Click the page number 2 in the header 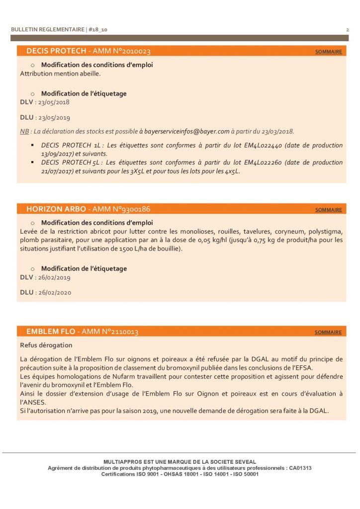coord(347,30)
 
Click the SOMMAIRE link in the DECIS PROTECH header coord(328,52)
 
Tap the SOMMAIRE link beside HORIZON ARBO coord(328,210)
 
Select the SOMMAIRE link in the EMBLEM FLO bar coord(328,333)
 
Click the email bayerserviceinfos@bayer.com coord(187,132)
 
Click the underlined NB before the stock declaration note coord(24,132)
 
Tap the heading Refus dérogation coord(46,345)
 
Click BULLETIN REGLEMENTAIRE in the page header coord(48,30)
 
